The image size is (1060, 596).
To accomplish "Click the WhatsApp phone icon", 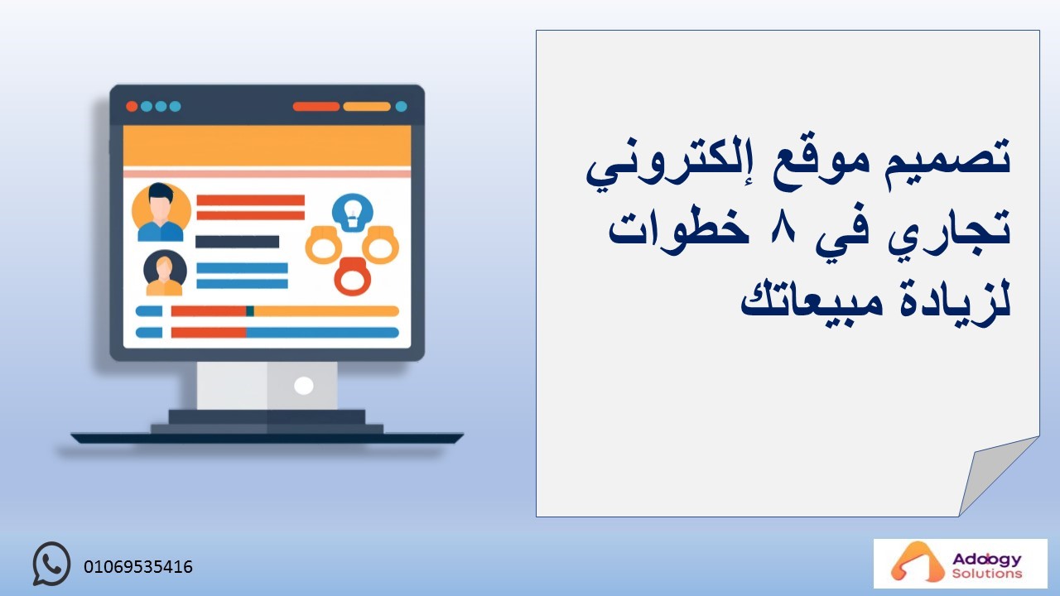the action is (x=51, y=564).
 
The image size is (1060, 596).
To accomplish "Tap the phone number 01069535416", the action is (x=138, y=567).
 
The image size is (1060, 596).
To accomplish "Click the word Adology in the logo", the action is (x=986, y=560).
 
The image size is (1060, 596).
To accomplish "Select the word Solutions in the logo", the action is (x=987, y=574).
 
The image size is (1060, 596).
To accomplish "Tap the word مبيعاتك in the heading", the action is (x=812, y=300).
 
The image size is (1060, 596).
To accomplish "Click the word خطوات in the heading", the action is (x=678, y=228).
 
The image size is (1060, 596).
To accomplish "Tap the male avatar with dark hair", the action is (x=161, y=212).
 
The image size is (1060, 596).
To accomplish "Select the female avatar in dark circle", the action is (x=165, y=273).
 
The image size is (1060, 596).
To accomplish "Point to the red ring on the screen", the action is (x=353, y=276).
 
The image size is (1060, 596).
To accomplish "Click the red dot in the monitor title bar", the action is (x=132, y=106).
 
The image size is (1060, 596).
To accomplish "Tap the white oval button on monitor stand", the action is (x=304, y=386).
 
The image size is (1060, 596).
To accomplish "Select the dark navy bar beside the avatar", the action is (x=237, y=242).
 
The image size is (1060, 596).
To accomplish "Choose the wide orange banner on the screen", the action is (x=267, y=146).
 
